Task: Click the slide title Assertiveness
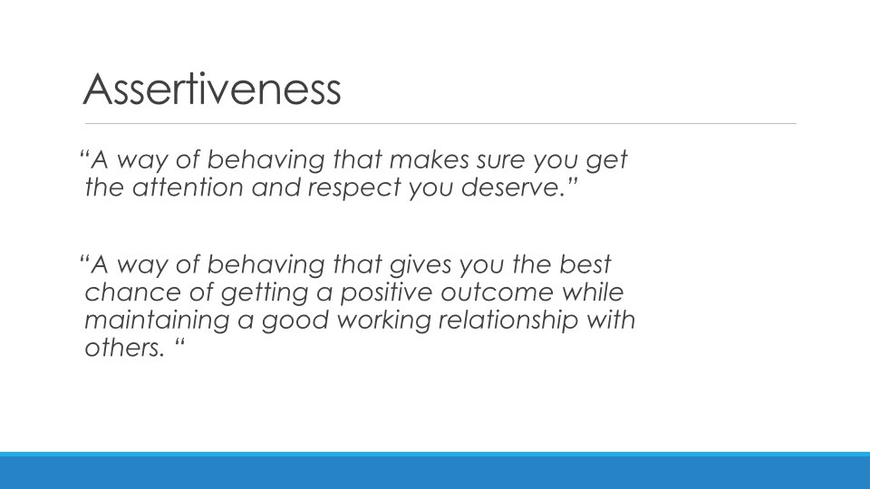(212, 89)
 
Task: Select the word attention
(188, 187)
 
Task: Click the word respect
(354, 188)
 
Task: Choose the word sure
(501, 161)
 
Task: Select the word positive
(386, 293)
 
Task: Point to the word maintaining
(157, 321)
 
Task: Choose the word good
(295, 321)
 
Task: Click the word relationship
(508, 321)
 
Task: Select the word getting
(264, 293)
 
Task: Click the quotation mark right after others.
(179, 341)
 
